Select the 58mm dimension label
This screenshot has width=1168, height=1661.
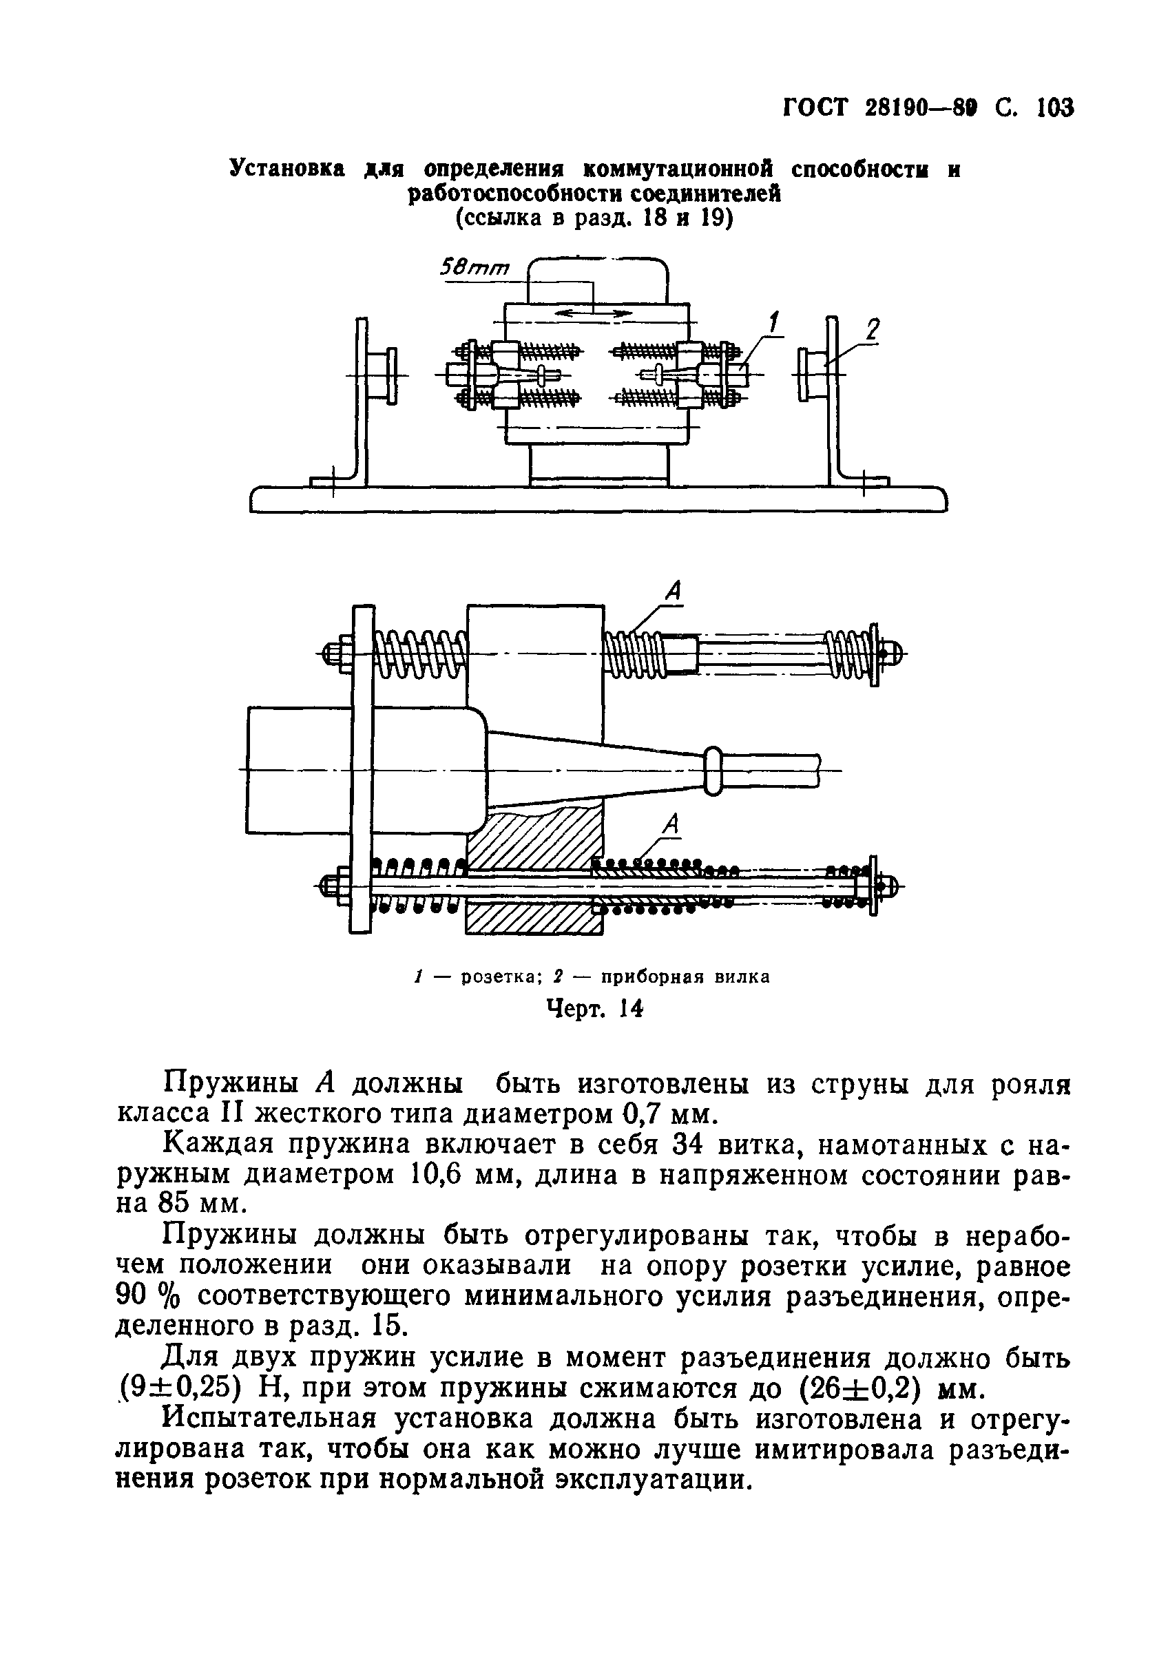(474, 269)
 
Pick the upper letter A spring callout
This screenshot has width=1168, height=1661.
(672, 592)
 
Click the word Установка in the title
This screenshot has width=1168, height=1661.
(287, 169)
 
